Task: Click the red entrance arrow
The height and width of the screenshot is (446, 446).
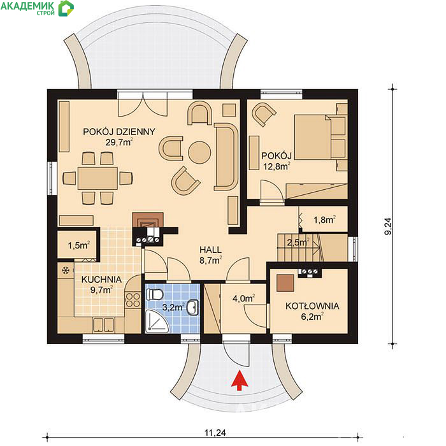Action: [240, 380]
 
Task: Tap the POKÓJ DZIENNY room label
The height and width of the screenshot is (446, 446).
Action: [119, 132]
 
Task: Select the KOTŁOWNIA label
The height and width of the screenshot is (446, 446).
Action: [312, 306]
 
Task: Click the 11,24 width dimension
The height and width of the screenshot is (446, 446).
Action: [215, 433]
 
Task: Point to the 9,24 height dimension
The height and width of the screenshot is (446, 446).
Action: [388, 226]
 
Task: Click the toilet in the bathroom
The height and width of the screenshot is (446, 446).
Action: [154, 294]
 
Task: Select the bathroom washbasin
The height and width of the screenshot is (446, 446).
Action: [193, 308]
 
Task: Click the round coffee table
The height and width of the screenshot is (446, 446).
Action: [199, 152]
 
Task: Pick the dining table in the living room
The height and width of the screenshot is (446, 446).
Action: [97, 178]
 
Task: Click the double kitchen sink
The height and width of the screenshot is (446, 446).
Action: [103, 325]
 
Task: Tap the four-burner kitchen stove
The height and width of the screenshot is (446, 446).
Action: [133, 300]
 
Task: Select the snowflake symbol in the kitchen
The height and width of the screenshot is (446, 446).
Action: [66, 271]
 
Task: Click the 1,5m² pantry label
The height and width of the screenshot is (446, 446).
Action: [79, 245]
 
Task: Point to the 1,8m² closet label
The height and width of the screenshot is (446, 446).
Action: [324, 219]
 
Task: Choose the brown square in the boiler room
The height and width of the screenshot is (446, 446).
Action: [285, 283]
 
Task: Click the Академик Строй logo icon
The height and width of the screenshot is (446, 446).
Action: [66, 8]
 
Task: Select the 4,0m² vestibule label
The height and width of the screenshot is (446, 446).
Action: [243, 298]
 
